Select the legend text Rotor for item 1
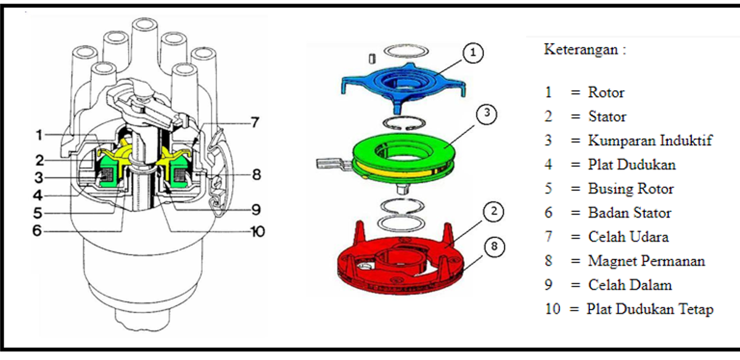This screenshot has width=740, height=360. (x=606, y=92)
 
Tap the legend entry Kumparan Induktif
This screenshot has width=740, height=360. (x=650, y=141)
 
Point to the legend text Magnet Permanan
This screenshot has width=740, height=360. (x=646, y=261)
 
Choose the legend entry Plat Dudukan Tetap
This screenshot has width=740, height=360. (x=649, y=309)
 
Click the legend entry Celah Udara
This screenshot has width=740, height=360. (x=628, y=237)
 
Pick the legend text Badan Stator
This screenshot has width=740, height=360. (x=629, y=213)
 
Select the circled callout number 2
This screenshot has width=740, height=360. (x=493, y=212)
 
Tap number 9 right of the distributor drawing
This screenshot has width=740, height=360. (x=257, y=209)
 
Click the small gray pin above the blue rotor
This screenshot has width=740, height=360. (x=372, y=58)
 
